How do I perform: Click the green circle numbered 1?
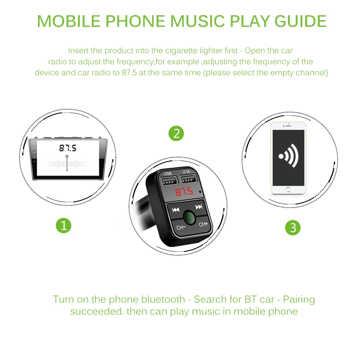(x=64, y=225)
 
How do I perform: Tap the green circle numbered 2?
(x=176, y=134)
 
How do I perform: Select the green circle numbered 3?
(x=293, y=228)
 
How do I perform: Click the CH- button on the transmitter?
(x=181, y=227)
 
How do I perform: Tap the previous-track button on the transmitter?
(x=176, y=210)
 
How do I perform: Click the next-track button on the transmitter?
(x=199, y=207)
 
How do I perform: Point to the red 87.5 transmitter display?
(x=184, y=192)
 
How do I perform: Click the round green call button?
(x=189, y=217)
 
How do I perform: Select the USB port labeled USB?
(x=170, y=180)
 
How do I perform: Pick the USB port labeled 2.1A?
(x=189, y=179)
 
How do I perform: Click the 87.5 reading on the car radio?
(x=68, y=148)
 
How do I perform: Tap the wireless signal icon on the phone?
(x=288, y=156)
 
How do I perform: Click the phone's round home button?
(x=288, y=190)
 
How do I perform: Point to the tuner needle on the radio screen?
(x=67, y=163)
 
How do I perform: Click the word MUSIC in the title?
(x=197, y=21)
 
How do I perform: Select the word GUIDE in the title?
(x=301, y=21)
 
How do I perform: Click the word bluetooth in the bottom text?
(x=163, y=299)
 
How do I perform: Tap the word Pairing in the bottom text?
(x=299, y=300)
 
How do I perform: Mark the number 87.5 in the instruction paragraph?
(x=129, y=73)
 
